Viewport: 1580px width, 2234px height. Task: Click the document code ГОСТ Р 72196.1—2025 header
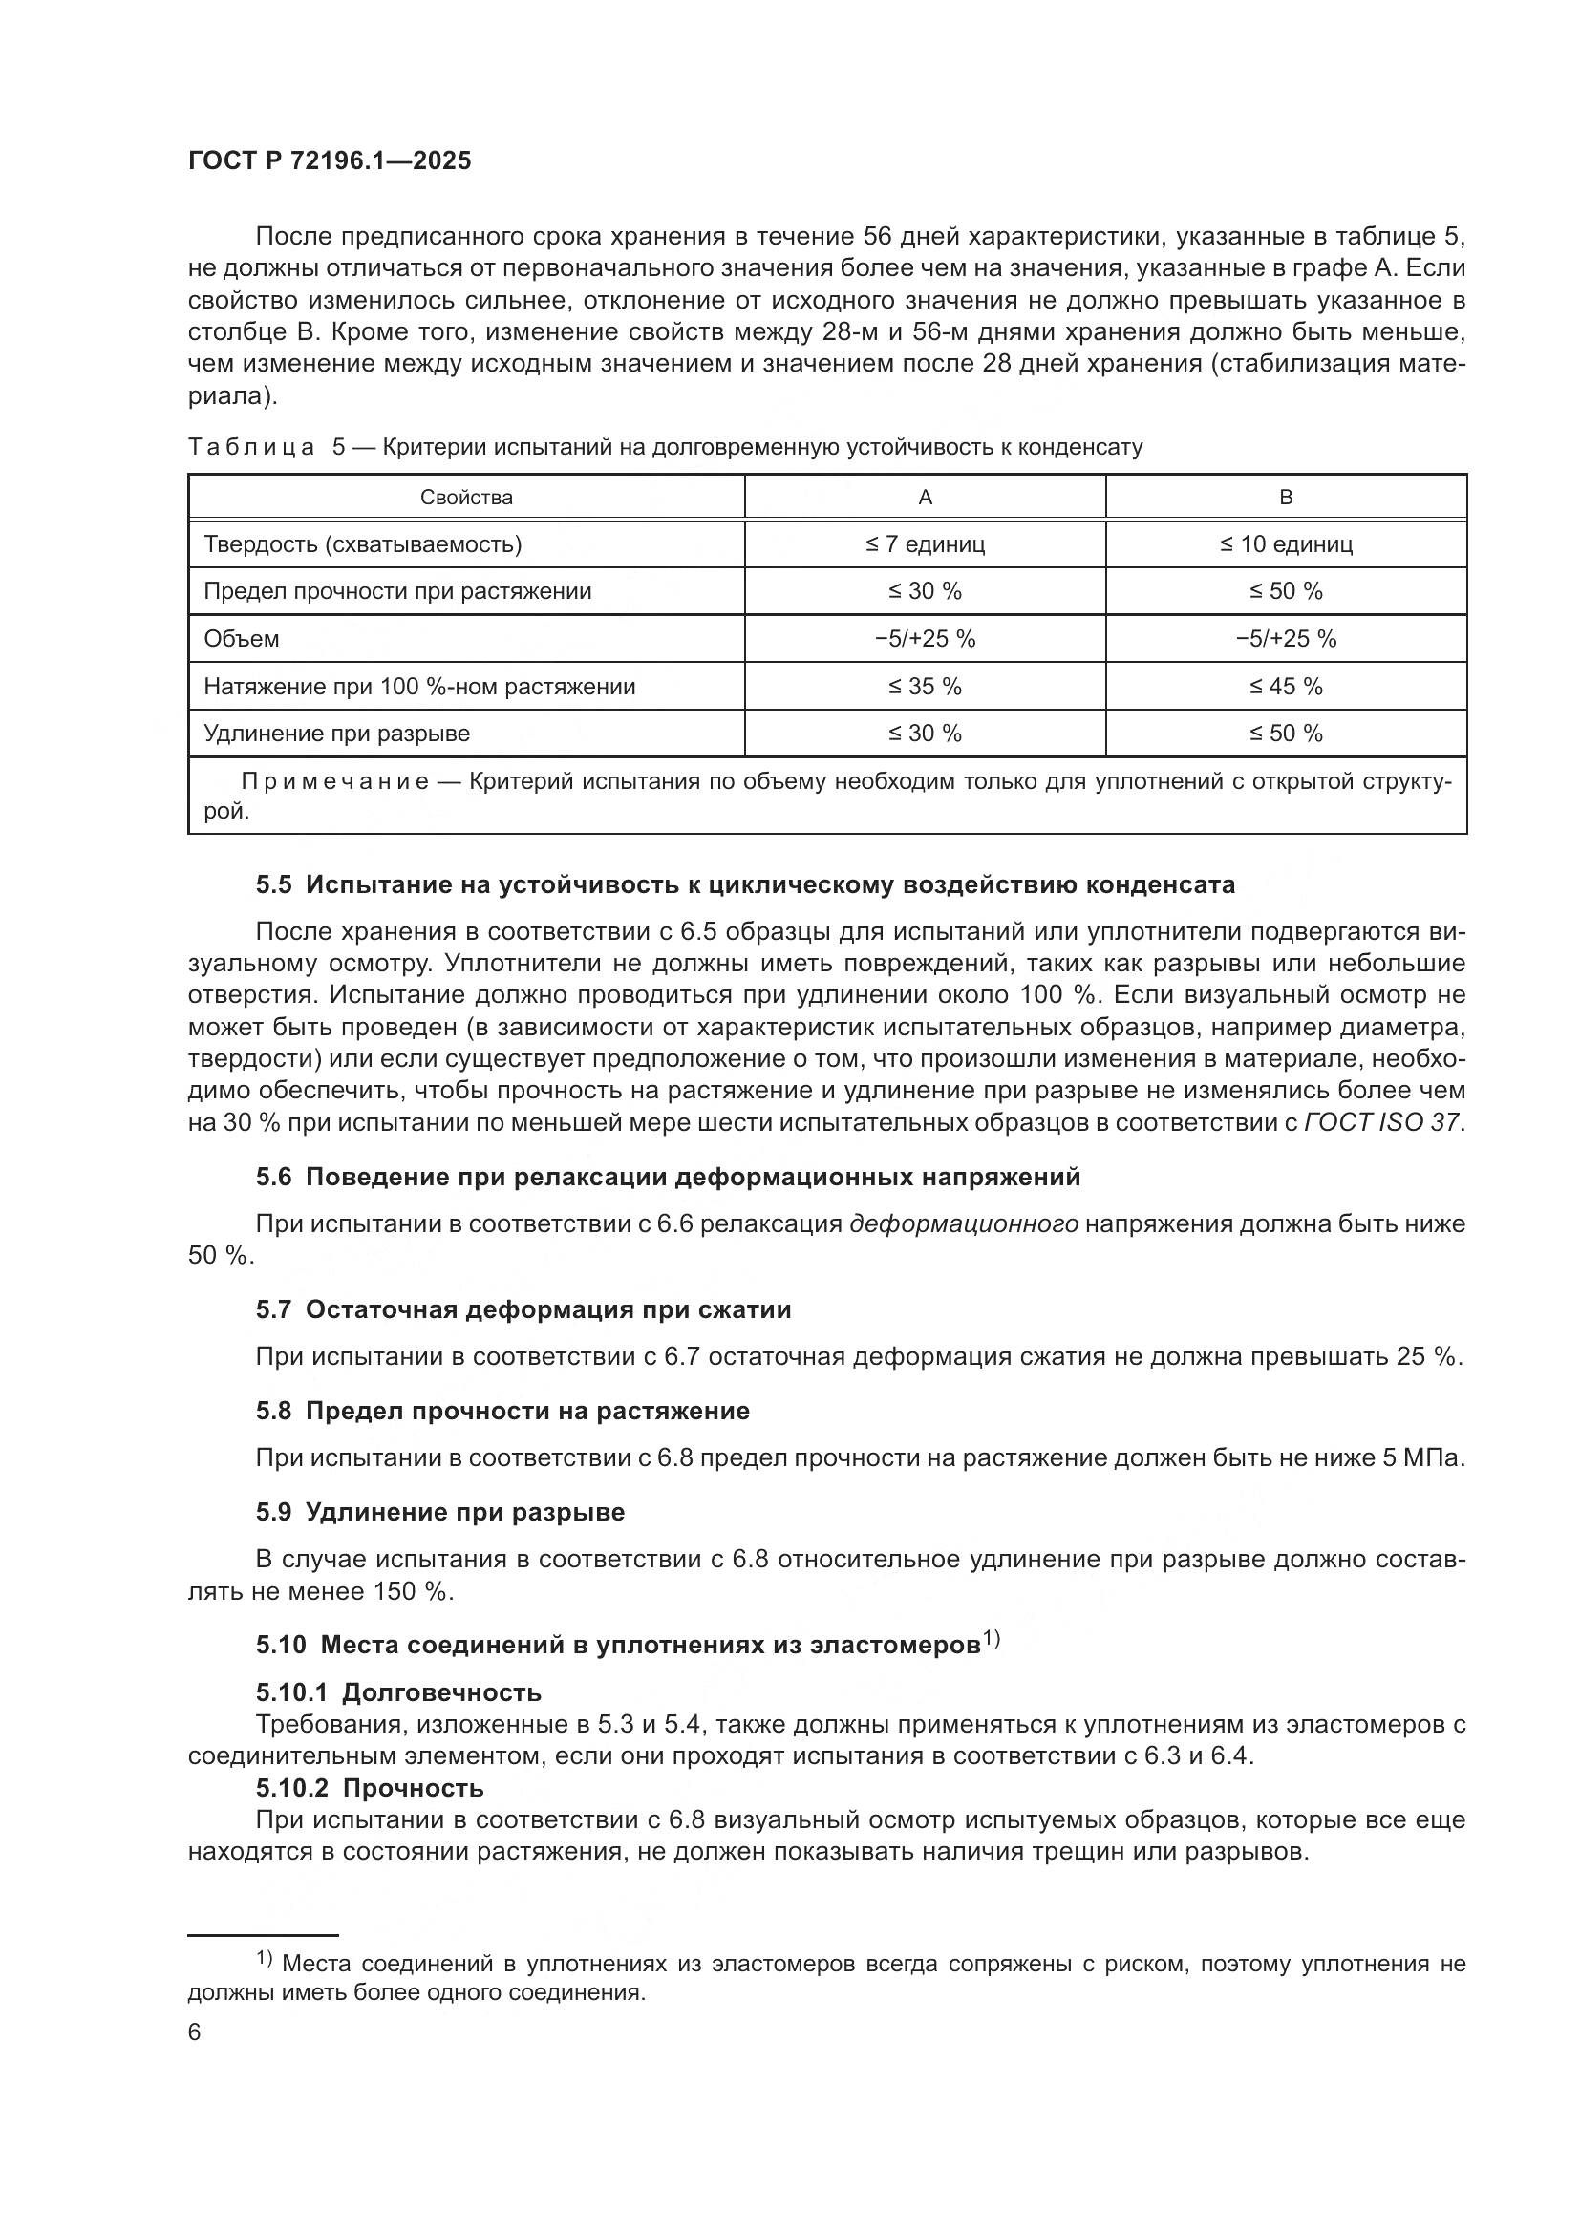click(329, 161)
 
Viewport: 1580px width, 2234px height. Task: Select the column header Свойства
click(466, 498)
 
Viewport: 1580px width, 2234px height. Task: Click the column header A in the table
click(925, 498)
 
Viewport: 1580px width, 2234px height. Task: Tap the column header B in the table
click(1285, 498)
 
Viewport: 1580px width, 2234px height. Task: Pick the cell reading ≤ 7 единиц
click(925, 543)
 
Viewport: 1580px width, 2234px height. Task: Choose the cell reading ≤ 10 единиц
click(1285, 543)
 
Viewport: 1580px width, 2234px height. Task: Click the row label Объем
click(242, 639)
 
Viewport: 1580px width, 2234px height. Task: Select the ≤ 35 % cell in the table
click(925, 687)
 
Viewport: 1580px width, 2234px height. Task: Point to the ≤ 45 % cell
click(1285, 687)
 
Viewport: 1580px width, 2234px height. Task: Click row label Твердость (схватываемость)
click(362, 543)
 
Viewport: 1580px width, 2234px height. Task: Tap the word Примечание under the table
click(334, 782)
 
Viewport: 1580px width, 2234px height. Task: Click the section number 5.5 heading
click(273, 884)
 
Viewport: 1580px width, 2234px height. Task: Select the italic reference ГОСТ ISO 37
click(1381, 1122)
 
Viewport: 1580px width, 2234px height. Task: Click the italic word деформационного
click(963, 1224)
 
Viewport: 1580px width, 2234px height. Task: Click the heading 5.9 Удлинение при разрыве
click(439, 1512)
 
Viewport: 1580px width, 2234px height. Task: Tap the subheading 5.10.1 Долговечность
click(398, 1692)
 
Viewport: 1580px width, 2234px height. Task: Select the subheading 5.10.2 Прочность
click(369, 1787)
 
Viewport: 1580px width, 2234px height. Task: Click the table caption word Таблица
click(251, 448)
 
